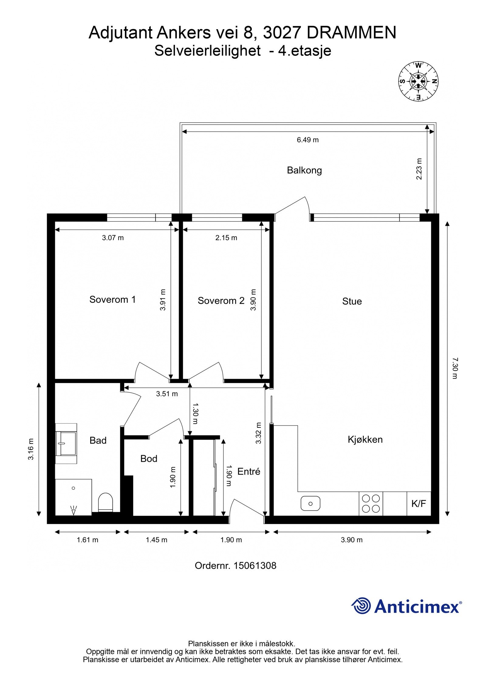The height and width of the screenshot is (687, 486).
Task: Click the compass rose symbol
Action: point(418,81)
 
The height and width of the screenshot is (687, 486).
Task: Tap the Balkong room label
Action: point(304,170)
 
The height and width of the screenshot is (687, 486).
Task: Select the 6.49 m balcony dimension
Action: point(307,140)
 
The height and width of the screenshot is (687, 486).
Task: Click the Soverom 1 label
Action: point(112,300)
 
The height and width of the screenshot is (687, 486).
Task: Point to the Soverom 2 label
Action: point(221,301)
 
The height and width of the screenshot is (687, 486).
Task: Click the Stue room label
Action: point(352,301)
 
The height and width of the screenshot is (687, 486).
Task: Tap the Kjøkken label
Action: point(365,439)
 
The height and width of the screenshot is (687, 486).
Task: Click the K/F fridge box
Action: point(419,504)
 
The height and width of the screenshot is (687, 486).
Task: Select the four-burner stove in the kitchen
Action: point(371,504)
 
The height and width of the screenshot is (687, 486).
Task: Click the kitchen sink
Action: point(310,504)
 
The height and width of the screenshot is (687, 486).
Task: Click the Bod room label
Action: point(149,458)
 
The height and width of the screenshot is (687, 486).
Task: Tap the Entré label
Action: point(248,471)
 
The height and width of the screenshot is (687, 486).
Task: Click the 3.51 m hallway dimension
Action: point(167,394)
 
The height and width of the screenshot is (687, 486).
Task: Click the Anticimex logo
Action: point(406,606)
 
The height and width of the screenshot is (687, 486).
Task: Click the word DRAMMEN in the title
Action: point(351,33)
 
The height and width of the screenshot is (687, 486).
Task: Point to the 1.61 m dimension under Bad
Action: point(87,540)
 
